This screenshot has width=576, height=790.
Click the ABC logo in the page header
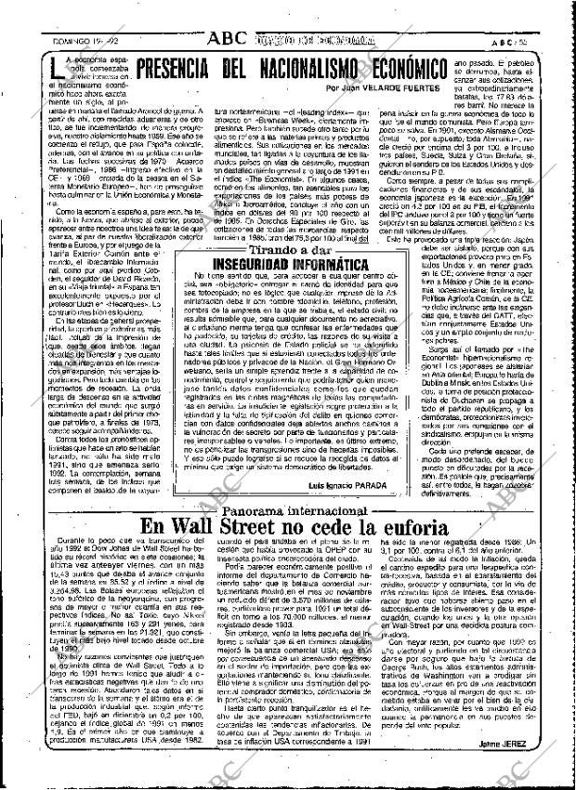point(227,13)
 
